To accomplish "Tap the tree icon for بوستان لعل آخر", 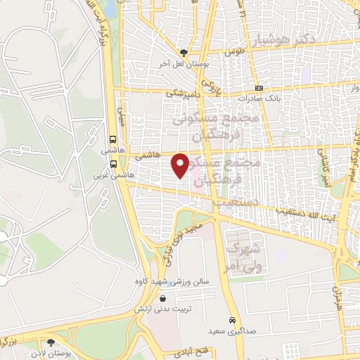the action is click(x=184, y=52).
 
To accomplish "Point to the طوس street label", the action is click(x=232, y=51).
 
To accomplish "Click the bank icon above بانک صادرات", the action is click(x=259, y=89).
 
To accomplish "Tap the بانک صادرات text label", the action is click(x=259, y=99).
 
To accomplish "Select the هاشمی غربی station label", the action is click(x=113, y=176).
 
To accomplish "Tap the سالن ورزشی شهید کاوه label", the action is click(x=172, y=281).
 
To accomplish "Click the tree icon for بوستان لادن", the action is click(x=50, y=342).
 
